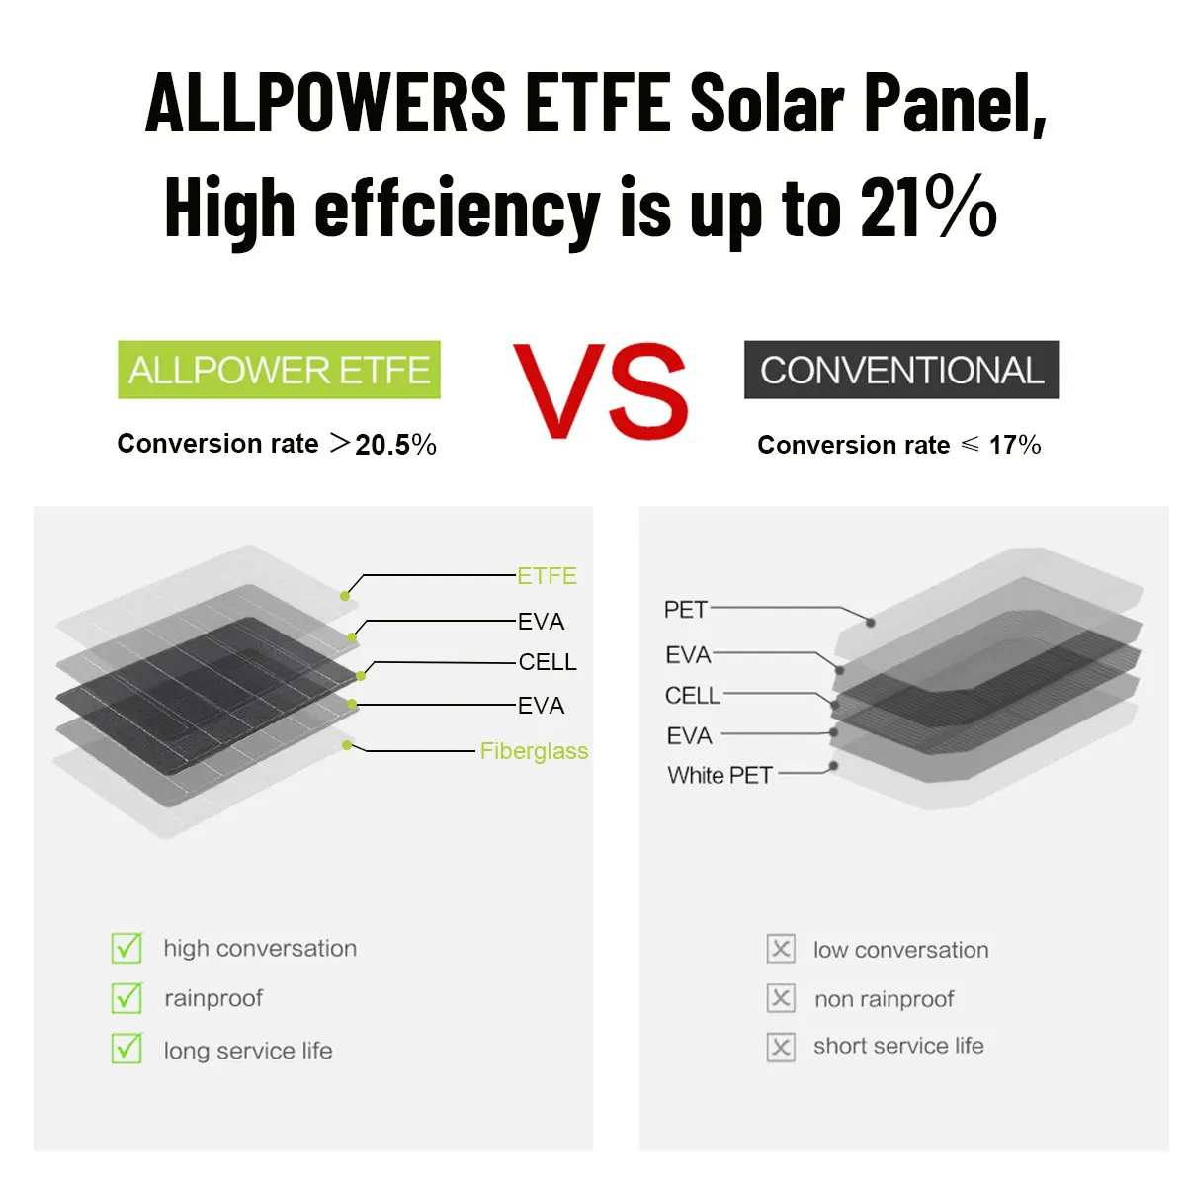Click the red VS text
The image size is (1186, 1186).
pos(601,390)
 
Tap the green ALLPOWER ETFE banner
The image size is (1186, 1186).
pos(279,370)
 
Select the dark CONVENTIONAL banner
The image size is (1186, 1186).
pos(901,370)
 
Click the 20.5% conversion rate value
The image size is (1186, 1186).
pos(395,445)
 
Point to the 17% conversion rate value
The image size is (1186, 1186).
pos(1015,445)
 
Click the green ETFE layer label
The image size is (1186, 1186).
pos(547,576)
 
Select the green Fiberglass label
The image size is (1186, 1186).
pos(534,751)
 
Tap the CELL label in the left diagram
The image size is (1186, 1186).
pos(548,662)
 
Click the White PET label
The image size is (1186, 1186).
pos(720,776)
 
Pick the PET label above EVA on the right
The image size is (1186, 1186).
pos(686,610)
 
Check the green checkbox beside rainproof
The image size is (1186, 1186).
pos(127,997)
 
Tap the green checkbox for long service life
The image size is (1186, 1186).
pos(127,1049)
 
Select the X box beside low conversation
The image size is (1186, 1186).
pos(781,949)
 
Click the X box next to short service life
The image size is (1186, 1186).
pos(781,1047)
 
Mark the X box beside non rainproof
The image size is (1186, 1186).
pos(781,997)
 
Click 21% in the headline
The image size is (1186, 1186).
pos(928,207)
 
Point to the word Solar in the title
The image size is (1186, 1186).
pos(767,103)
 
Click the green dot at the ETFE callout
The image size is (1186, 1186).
pos(345,596)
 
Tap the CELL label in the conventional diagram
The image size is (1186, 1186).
pos(693,696)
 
